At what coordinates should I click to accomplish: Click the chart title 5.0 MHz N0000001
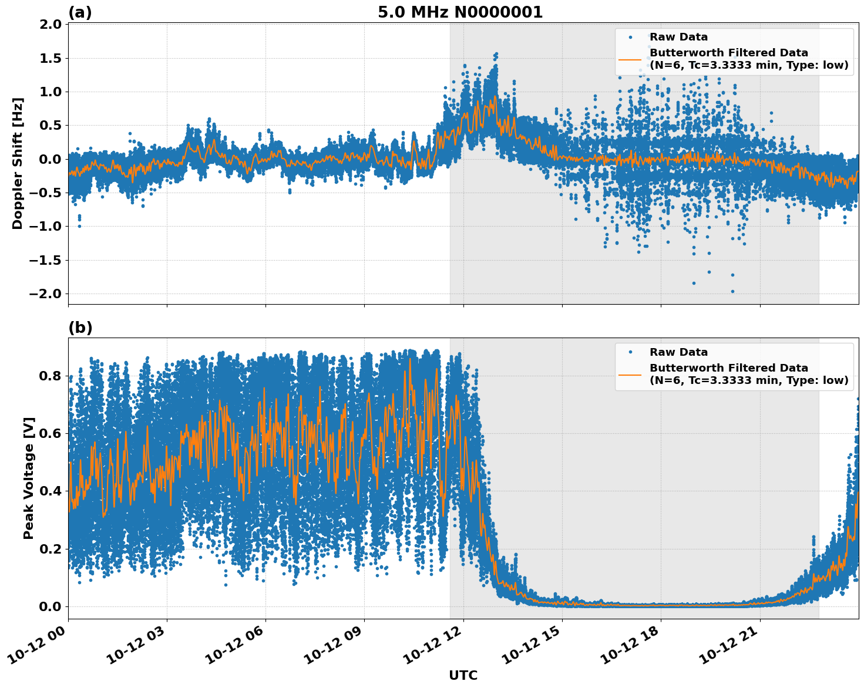tap(460, 12)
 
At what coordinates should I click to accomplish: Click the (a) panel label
tap(80, 12)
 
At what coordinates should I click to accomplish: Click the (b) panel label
tap(80, 328)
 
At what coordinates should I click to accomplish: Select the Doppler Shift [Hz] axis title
tap(18, 163)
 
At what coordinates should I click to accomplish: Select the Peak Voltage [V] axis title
tap(29, 478)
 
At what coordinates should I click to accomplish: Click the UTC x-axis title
tap(463, 675)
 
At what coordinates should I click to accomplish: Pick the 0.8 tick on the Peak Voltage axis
tap(51, 376)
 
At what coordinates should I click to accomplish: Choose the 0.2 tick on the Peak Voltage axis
tap(51, 549)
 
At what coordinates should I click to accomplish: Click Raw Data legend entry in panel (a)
tap(678, 37)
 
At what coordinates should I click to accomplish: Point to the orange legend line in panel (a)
tap(630, 59)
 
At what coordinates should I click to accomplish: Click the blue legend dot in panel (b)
tap(630, 352)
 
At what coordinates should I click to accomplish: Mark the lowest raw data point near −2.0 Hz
tap(732, 291)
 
